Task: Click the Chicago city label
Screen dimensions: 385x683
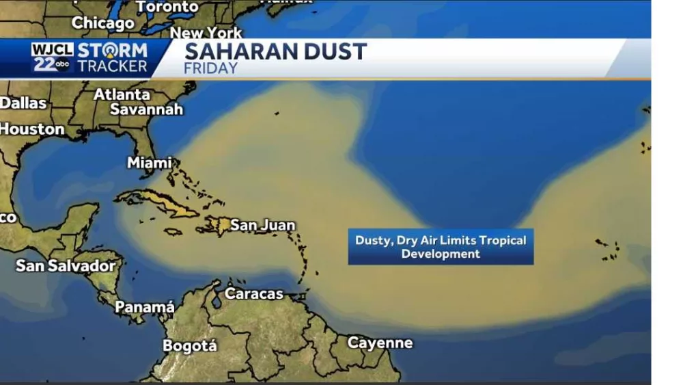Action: [x=103, y=23]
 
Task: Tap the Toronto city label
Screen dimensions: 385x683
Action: [x=167, y=7]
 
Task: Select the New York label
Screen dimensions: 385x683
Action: [x=206, y=33]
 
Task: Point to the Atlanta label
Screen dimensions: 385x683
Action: [x=122, y=94]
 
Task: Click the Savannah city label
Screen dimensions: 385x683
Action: [x=146, y=109]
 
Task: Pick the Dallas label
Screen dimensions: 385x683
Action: [x=23, y=103]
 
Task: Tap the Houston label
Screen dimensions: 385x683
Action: [x=31, y=129]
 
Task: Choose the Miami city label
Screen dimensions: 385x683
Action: [x=149, y=163]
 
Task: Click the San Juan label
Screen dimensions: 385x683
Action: [x=262, y=224]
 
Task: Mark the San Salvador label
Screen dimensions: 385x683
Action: [x=66, y=265]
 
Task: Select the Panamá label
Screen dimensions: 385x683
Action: [x=144, y=307]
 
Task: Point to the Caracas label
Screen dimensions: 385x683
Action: [x=253, y=293]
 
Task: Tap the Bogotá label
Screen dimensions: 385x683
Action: [x=189, y=345]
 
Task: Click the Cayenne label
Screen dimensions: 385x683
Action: [x=380, y=343]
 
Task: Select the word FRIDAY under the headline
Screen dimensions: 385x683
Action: [x=210, y=68]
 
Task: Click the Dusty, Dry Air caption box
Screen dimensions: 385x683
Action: [x=441, y=247]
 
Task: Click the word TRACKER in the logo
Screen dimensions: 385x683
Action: [x=112, y=66]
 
